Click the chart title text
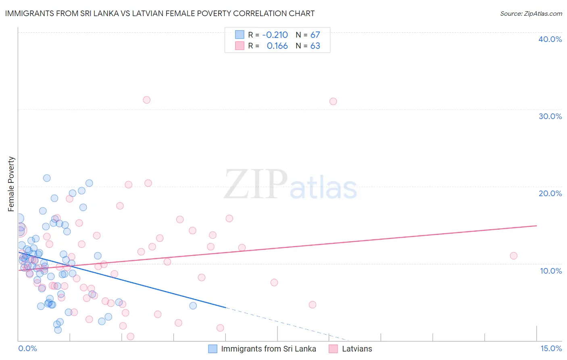pyautogui.click(x=160, y=13)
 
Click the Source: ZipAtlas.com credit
pyautogui.click(x=531, y=14)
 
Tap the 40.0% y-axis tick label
pyautogui.click(x=550, y=39)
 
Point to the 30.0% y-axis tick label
pyautogui.click(x=550, y=116)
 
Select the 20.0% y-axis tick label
pyautogui.click(x=550, y=193)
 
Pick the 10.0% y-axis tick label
pyautogui.click(x=550, y=271)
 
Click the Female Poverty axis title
pyautogui.click(x=11, y=184)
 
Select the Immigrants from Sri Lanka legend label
pyautogui.click(x=269, y=349)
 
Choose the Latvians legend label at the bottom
pyautogui.click(x=357, y=349)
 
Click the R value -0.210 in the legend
pyautogui.click(x=275, y=35)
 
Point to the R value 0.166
pyautogui.click(x=277, y=46)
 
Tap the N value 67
pyautogui.click(x=315, y=35)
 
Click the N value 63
pyautogui.click(x=315, y=46)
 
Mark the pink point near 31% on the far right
pyautogui.click(x=333, y=101)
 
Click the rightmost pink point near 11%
pyautogui.click(x=513, y=256)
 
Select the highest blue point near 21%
pyautogui.click(x=47, y=178)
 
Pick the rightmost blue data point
pyautogui.click(x=193, y=306)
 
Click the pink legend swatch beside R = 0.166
pyautogui.click(x=240, y=46)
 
